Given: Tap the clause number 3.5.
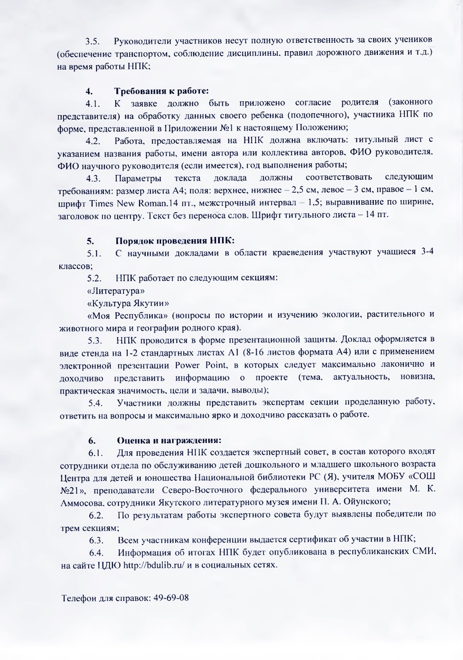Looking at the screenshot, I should point(93,42).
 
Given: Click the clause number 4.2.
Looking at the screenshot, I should point(93,141).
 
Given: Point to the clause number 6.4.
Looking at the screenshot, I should point(96,553).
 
